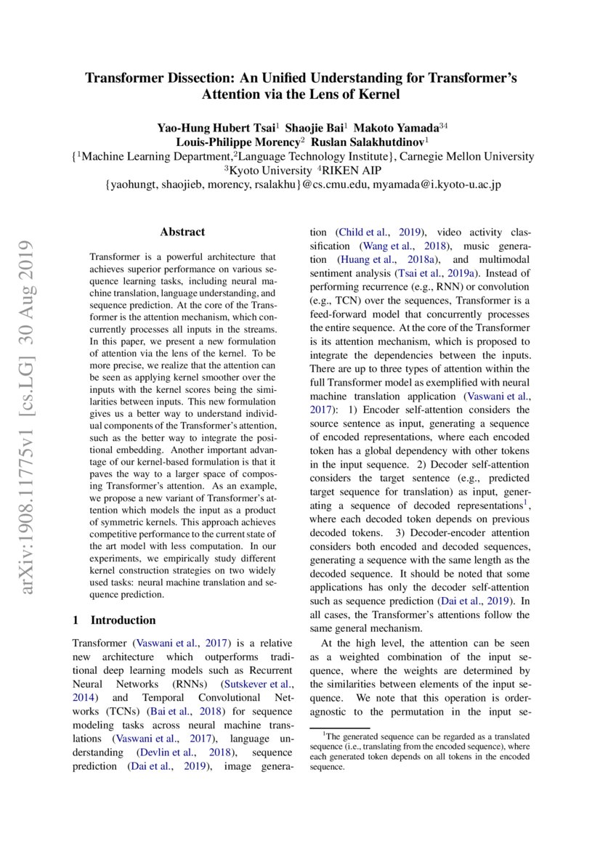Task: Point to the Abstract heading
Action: (x=182, y=232)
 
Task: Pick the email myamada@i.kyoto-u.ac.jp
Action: (x=437, y=185)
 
